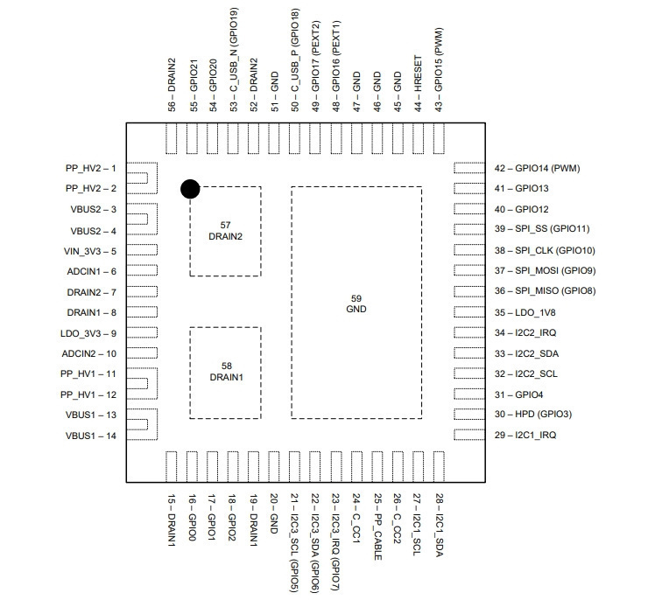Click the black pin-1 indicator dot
click(x=190, y=189)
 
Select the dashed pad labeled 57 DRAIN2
click(x=225, y=231)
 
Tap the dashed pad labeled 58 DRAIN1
click(x=225, y=373)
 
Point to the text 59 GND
click(x=356, y=303)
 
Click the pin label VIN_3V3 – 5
click(x=90, y=251)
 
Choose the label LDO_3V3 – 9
click(x=88, y=333)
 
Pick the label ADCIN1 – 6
click(x=92, y=271)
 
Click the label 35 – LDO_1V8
click(x=525, y=312)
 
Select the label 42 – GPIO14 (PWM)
click(x=537, y=168)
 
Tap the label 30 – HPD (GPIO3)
click(x=532, y=414)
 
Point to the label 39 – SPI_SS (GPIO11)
click(x=542, y=228)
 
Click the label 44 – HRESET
click(x=418, y=83)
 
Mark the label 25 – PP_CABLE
click(x=378, y=527)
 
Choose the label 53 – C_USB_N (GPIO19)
click(x=234, y=59)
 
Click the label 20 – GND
click(x=273, y=514)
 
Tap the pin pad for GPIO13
click(x=469, y=188)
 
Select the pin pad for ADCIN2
click(x=142, y=353)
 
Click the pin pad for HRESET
click(x=418, y=138)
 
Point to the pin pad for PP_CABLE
click(x=377, y=467)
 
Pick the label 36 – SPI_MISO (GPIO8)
click(x=545, y=290)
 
